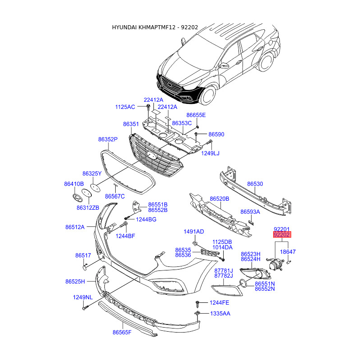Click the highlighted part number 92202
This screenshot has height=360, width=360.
click(282, 234)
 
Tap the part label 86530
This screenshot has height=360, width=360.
click(255, 184)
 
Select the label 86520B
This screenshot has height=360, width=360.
click(220, 198)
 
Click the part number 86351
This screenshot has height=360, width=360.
click(131, 124)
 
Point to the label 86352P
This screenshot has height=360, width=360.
click(108, 140)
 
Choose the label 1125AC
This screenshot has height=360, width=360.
click(125, 107)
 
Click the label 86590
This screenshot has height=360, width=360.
click(216, 135)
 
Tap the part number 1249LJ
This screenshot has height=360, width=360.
click(210, 153)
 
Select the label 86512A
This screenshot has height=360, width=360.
click(75, 227)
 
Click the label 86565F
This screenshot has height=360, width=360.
click(122, 333)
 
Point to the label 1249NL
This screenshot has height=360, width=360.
click(83, 297)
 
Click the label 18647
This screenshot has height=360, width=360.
click(288, 252)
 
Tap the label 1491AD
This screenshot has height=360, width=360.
click(193, 232)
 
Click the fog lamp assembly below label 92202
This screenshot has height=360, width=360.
click(274, 265)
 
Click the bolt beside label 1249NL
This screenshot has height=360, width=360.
click(84, 309)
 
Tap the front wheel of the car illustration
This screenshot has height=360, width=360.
click(208, 95)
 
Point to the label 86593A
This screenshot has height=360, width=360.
click(250, 212)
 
